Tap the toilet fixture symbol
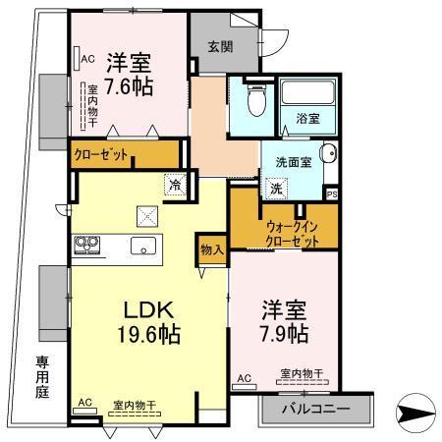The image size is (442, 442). click(254, 98)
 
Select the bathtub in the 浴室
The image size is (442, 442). click(307, 95)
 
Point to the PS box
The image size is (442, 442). click(331, 193)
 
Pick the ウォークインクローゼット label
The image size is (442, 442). click(291, 233)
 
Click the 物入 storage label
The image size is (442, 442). click(212, 249)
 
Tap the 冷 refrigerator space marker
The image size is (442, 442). click(174, 184)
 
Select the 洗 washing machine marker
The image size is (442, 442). click(276, 187)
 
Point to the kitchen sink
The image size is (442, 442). click(144, 247)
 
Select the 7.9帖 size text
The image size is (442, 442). click(285, 336)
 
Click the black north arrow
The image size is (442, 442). click(418, 411)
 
